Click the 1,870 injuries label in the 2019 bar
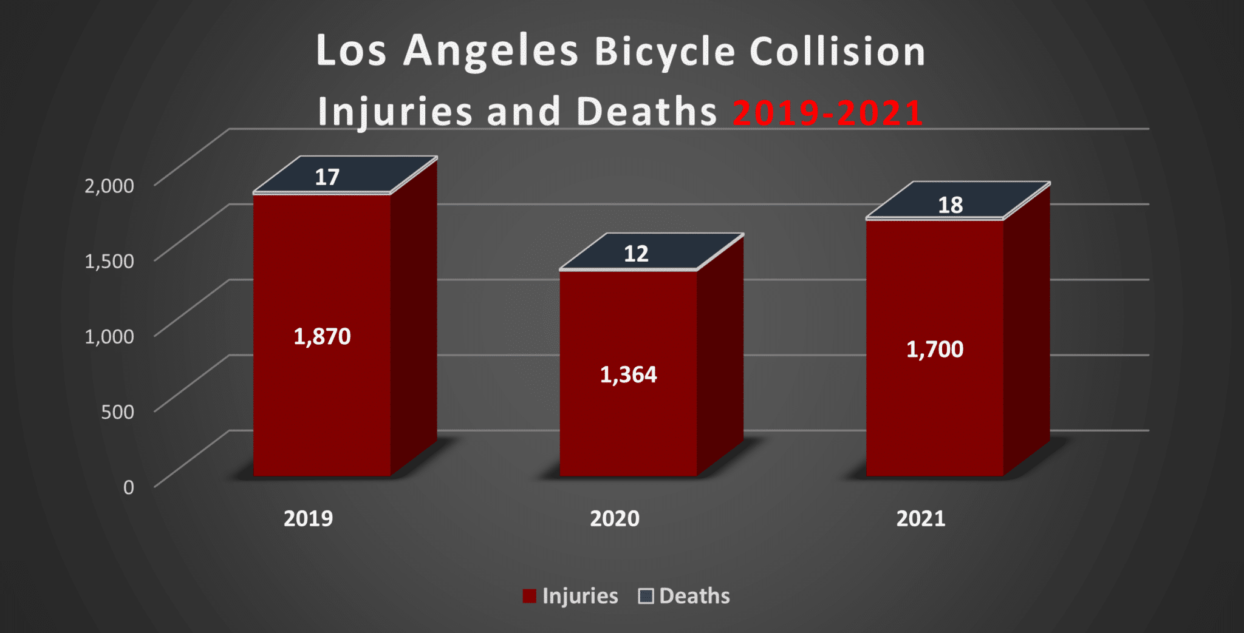[322, 337]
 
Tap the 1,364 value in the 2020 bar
[628, 375]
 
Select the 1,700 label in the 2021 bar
[934, 350]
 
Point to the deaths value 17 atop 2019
[327, 177]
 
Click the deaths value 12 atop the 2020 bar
[636, 254]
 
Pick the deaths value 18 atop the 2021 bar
[950, 205]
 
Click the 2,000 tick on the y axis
[109, 186]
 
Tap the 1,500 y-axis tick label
[109, 261]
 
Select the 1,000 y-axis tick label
[109, 336]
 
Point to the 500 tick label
[117, 411]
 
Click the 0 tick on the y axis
[128, 487]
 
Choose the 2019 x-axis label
[308, 519]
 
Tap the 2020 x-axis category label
[615, 519]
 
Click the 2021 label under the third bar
[921, 519]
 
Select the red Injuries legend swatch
[529, 596]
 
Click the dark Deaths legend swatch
[646, 596]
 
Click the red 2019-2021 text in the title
[827, 113]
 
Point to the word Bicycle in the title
[665, 51]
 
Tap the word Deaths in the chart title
[646, 112]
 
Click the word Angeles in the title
[490, 51]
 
